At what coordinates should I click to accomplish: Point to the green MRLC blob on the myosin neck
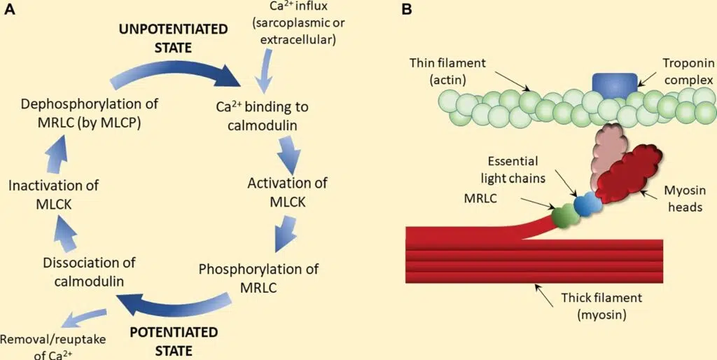[564, 216]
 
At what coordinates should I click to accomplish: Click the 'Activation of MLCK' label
[288, 193]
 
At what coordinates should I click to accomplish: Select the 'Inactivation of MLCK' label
[54, 195]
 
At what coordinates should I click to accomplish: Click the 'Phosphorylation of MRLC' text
[259, 278]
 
